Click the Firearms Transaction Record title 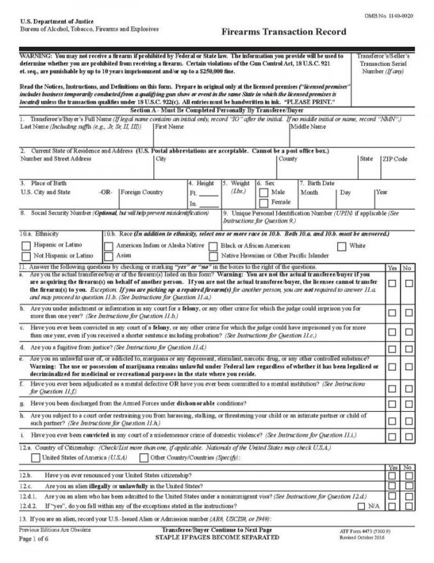(x=284, y=31)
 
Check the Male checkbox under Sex (x=263, y=192)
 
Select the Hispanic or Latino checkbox (x=26, y=245)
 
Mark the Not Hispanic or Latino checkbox (x=26, y=256)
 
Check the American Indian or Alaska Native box (x=109, y=245)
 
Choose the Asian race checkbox (x=109, y=256)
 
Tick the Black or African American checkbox (x=213, y=245)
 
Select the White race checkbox (x=342, y=245)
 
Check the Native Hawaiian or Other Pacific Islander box (x=213, y=256)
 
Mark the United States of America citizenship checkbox (x=36, y=457)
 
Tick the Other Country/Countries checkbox (x=143, y=457)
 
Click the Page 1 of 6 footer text (x=37, y=538)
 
